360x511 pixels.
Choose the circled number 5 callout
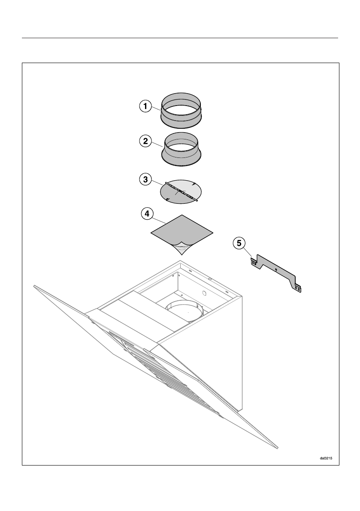(239, 243)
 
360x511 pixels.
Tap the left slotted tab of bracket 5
(254, 262)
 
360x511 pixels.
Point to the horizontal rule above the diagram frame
(180, 38)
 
